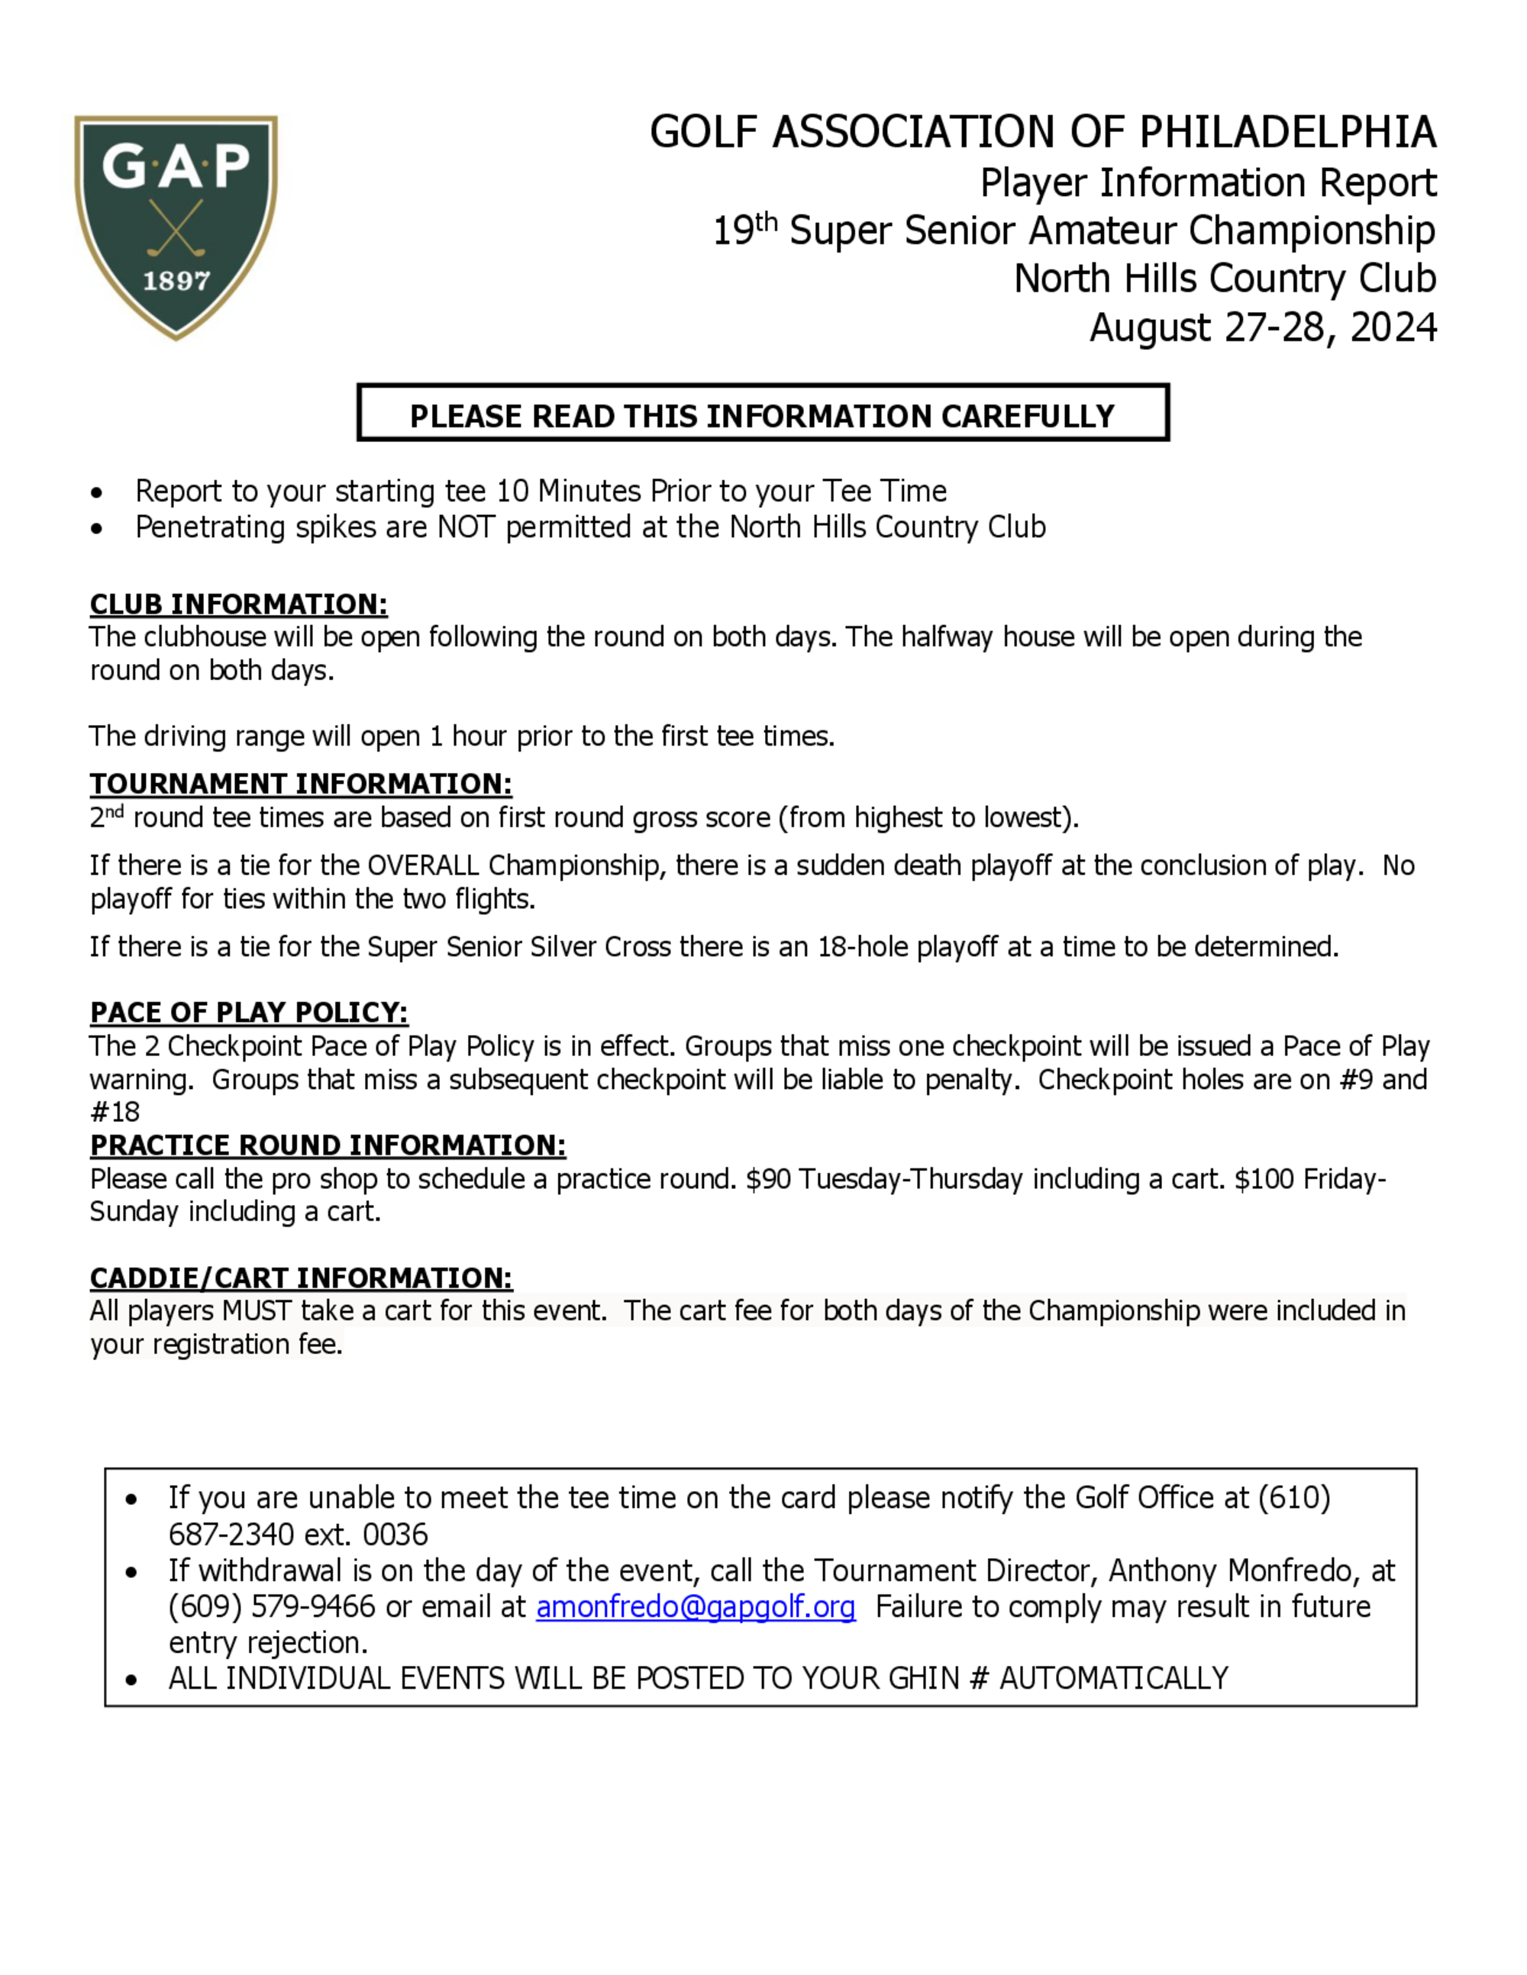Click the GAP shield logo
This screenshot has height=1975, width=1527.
point(176,226)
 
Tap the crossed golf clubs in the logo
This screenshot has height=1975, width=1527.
point(176,228)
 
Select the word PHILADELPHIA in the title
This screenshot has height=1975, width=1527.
point(1287,132)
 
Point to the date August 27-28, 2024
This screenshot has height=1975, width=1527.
point(1263,327)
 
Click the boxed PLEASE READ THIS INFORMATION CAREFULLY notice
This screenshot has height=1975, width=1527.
point(763,416)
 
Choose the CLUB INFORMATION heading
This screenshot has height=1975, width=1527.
point(239,604)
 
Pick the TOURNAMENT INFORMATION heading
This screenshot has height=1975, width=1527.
point(300,783)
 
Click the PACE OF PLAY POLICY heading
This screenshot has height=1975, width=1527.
point(249,1012)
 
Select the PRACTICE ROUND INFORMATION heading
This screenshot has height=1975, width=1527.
point(328,1145)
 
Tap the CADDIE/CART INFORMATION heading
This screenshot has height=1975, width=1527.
point(300,1277)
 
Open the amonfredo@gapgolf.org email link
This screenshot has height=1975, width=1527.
point(695,1607)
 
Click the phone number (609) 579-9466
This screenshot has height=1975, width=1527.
point(271,1607)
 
